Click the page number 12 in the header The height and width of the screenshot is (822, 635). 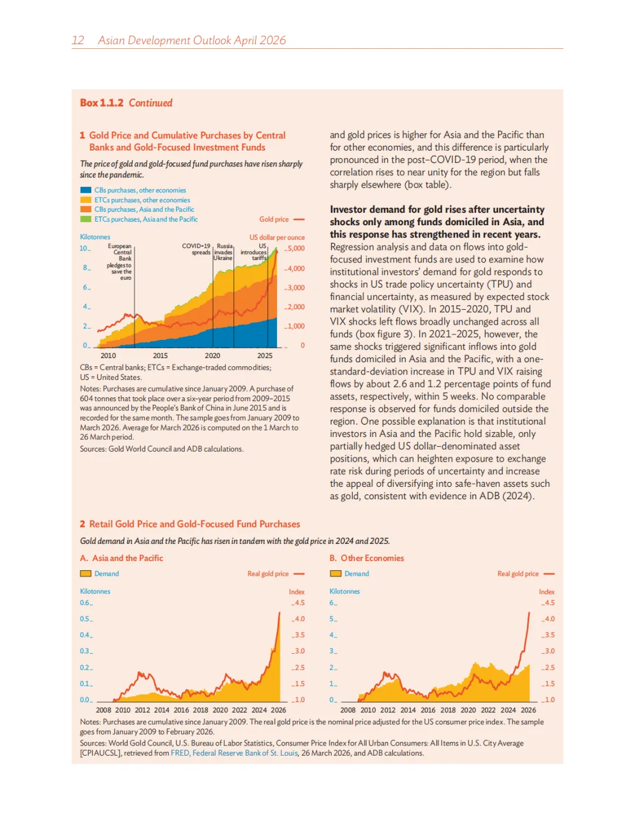point(78,41)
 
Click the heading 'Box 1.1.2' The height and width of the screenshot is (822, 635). point(102,103)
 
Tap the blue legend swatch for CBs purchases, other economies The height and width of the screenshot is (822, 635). point(86,191)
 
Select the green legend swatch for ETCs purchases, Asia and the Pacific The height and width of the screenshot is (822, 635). point(86,219)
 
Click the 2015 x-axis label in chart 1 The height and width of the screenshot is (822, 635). point(161,356)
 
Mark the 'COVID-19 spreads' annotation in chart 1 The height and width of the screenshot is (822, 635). point(196,249)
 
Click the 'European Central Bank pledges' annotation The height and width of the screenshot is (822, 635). point(120,262)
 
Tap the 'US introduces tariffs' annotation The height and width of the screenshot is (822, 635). point(255,252)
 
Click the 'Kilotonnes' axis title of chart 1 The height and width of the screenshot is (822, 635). point(95,237)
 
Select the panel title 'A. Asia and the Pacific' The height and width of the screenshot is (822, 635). point(122,558)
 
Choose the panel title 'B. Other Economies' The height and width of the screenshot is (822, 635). point(367,558)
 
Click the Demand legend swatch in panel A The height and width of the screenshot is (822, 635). point(86,574)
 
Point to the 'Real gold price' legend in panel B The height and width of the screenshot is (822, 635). point(518,574)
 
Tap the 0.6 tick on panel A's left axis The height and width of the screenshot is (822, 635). point(85,603)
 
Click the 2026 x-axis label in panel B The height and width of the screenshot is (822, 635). point(528,710)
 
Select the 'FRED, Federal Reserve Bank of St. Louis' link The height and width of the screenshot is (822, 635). point(235,753)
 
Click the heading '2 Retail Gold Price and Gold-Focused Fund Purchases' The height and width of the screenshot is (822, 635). point(190,524)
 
